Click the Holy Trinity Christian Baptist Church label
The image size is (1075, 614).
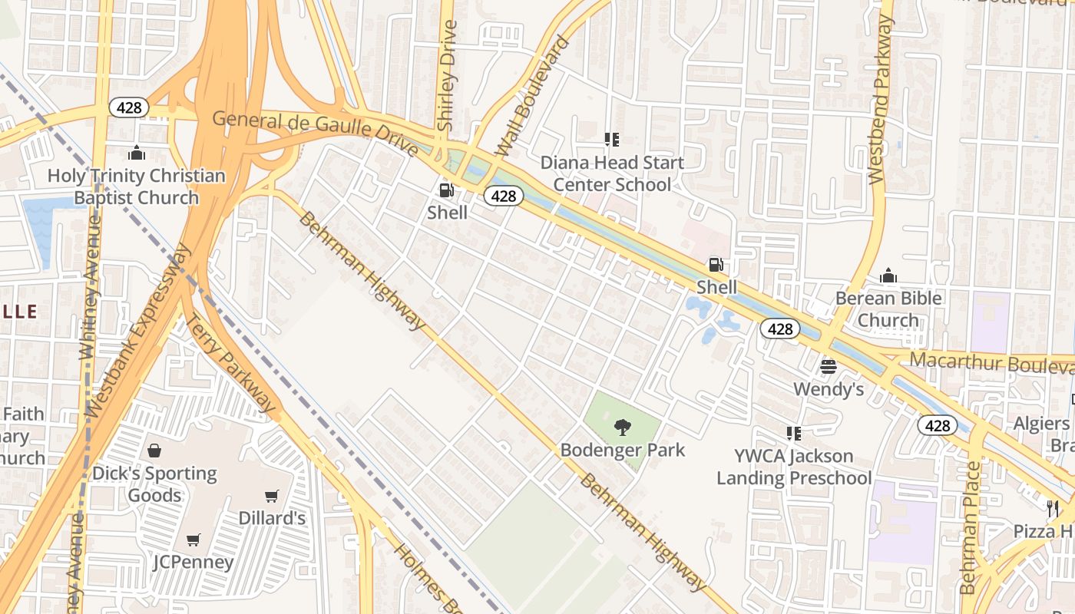(137, 187)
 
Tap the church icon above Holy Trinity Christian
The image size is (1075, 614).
(137, 153)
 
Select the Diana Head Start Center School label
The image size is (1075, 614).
(612, 173)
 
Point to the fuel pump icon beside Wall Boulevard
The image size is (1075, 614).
(446, 190)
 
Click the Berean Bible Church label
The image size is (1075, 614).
(888, 309)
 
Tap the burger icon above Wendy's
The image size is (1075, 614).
(828, 367)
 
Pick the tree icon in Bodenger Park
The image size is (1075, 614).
(623, 427)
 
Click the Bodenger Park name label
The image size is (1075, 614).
(623, 450)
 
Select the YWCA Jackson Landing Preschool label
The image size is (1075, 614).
(794, 467)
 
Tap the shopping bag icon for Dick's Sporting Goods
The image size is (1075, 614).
(154, 451)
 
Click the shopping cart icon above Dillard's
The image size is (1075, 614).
(271, 496)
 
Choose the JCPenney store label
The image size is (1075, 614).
(193, 562)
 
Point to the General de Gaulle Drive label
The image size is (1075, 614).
(316, 133)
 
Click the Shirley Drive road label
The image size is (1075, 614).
(446, 75)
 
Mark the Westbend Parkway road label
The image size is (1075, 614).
(881, 100)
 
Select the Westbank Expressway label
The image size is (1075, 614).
(138, 330)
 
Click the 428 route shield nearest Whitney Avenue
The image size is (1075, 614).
(128, 107)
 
